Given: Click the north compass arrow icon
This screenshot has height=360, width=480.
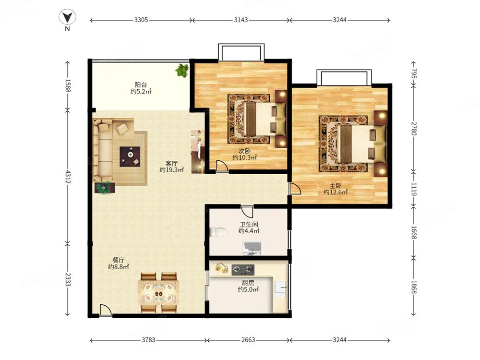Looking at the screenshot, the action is [67, 17].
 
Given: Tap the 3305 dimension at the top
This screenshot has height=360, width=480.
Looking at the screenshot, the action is [141, 20].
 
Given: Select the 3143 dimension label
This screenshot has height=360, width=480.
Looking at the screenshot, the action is [241, 20].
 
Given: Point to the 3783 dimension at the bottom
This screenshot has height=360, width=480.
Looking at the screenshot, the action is [148, 340].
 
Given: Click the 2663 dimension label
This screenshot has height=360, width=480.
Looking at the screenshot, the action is [248, 340].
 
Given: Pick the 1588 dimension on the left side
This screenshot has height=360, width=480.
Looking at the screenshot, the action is [68, 86].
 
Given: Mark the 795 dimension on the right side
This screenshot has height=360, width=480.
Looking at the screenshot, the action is [414, 74].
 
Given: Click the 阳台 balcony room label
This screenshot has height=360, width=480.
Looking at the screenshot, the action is [141, 85].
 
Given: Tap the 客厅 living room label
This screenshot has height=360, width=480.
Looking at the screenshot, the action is [171, 163].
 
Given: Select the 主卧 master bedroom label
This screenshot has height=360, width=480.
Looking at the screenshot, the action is [336, 186].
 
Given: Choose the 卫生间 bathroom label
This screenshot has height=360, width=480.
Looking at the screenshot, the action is [249, 224].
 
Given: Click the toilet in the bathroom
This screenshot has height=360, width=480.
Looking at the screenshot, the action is [218, 232].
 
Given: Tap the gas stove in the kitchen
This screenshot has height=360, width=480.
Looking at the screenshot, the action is [243, 270].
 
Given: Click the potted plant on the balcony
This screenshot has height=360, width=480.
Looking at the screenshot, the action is [182, 71].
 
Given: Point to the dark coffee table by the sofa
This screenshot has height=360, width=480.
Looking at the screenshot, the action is [130, 156].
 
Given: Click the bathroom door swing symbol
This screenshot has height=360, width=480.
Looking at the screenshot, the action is [247, 212].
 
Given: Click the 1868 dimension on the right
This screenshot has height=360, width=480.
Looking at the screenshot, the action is [414, 287].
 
